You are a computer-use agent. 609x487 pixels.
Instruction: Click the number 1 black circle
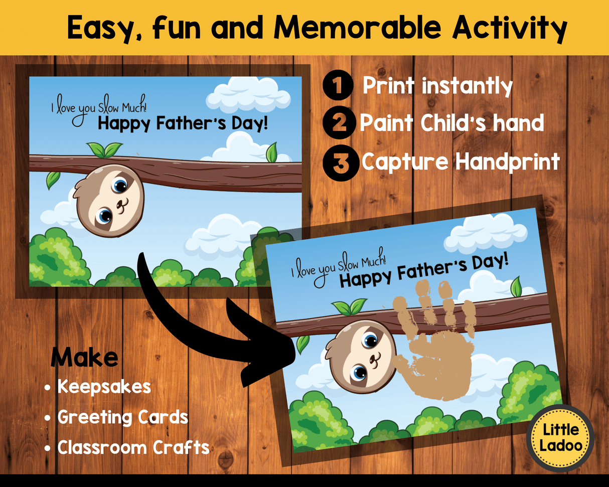339,86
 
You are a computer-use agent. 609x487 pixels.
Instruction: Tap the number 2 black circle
340,123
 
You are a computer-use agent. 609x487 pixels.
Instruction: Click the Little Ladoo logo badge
560,438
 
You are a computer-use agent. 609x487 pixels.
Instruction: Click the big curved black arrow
201,321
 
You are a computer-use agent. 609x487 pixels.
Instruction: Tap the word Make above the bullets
84,358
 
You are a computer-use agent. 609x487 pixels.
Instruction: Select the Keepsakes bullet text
104,387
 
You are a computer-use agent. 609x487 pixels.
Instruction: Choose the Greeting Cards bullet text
123,417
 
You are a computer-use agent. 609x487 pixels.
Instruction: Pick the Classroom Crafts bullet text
133,447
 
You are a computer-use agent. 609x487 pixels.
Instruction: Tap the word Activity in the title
509,29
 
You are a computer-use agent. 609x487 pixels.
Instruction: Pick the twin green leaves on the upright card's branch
104,149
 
